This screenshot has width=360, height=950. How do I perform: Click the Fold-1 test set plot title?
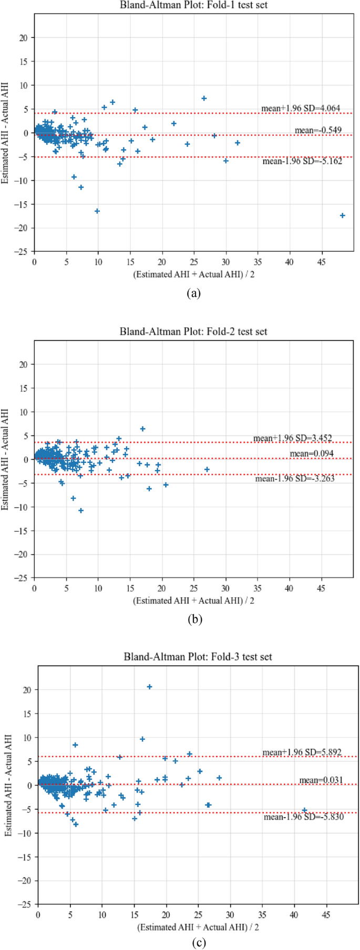(x=193, y=5)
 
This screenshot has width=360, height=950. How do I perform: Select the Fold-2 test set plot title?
(x=193, y=332)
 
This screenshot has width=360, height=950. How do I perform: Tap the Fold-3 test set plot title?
(x=198, y=657)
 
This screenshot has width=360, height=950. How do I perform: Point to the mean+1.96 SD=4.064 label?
(x=301, y=108)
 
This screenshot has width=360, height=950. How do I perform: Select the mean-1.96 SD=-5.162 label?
(x=302, y=161)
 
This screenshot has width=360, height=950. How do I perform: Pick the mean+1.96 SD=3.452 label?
(x=293, y=438)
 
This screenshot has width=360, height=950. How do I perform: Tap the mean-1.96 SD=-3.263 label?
(x=295, y=479)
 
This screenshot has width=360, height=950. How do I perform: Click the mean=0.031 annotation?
(x=321, y=780)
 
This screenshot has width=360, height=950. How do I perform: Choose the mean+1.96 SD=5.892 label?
(x=302, y=752)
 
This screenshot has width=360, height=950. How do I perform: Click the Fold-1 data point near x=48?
(x=342, y=215)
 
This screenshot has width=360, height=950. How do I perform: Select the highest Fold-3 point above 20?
(x=149, y=687)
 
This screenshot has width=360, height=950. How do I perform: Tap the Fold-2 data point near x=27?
(x=207, y=469)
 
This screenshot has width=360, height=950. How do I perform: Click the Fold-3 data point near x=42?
(x=304, y=810)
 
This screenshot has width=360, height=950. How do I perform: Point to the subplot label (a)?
(x=194, y=293)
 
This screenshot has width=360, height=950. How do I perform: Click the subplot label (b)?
(x=194, y=619)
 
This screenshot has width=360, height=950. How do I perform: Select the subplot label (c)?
(x=198, y=943)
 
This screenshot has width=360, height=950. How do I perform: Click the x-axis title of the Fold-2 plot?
(x=193, y=600)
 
